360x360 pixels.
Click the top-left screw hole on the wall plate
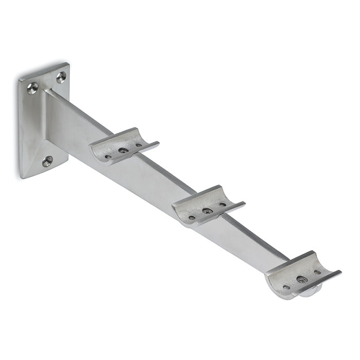pos(32,88)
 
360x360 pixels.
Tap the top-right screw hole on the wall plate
pos(61,77)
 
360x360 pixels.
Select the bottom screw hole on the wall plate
pos(47,161)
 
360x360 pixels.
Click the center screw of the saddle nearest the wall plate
pos(123,151)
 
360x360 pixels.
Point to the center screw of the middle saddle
pos(207,211)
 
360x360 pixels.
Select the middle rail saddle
pos(207,206)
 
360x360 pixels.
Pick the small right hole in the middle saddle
pos(223,204)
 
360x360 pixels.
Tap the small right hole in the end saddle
pos(317,272)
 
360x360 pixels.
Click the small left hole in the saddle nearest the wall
pos(109,157)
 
